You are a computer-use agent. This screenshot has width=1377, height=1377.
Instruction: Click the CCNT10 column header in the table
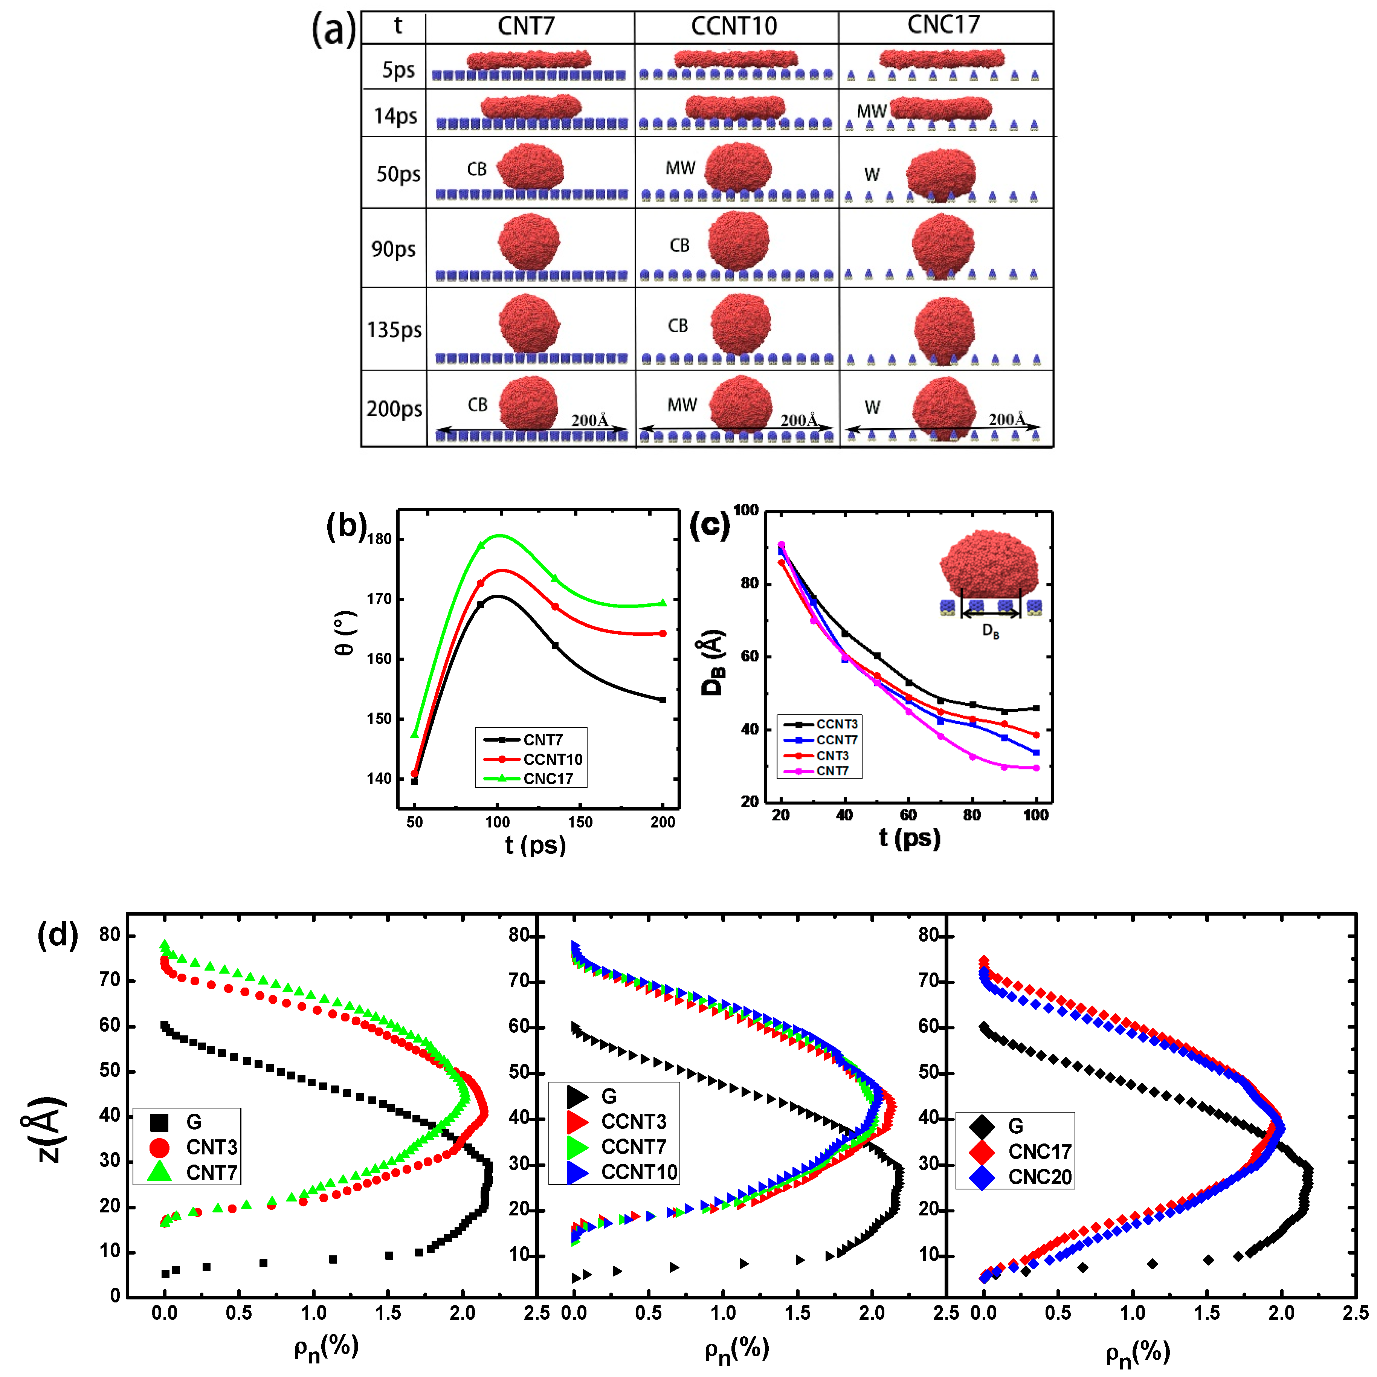point(734,26)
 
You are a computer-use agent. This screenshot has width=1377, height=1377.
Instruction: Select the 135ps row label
point(394,330)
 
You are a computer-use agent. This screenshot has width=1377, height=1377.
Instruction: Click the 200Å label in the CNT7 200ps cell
point(590,420)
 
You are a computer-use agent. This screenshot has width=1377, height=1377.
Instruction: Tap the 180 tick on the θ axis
point(379,539)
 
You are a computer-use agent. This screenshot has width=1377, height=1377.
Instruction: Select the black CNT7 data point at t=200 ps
point(663,700)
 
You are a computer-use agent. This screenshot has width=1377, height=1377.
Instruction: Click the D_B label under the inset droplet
point(991,631)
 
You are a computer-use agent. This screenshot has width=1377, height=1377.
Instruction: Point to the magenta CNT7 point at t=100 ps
point(1036,768)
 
